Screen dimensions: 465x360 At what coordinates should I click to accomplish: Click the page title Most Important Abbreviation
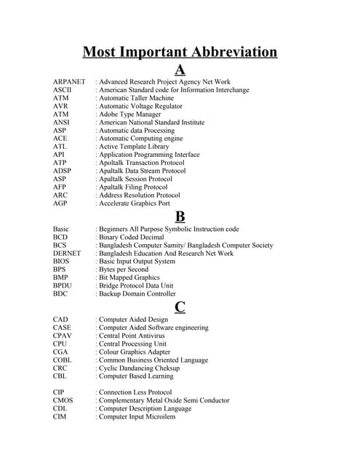tap(180, 52)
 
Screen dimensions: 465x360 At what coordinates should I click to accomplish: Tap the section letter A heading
tap(180, 70)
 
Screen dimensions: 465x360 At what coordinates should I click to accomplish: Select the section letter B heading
tap(180, 217)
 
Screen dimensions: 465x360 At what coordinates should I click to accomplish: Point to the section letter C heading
tap(180, 307)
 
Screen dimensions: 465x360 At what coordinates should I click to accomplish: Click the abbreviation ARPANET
tap(69, 82)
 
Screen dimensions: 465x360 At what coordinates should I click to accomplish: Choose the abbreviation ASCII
tap(63, 90)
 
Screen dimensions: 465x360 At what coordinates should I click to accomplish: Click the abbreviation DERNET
tap(68, 254)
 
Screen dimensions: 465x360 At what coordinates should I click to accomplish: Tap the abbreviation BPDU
tap(63, 286)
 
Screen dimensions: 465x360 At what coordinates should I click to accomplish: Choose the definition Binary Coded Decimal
tap(131, 237)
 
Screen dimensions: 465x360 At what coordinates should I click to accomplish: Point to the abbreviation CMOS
tap(63, 400)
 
